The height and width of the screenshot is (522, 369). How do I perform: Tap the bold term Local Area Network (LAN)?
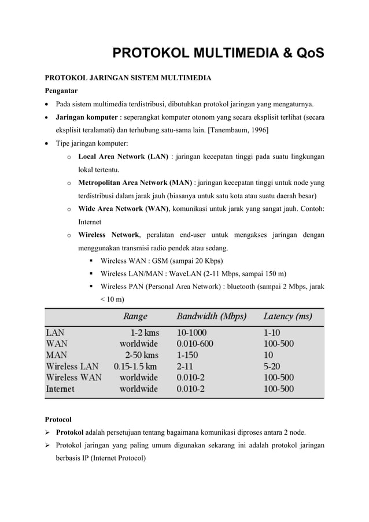[123, 157]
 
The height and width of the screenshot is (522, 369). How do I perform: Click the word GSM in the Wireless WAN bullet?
[154, 261]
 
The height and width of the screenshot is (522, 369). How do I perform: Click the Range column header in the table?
[135, 316]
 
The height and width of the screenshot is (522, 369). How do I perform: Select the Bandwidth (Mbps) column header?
[211, 316]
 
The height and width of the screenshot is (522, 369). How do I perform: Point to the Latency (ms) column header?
[287, 316]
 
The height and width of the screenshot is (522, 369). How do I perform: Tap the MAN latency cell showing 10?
[269, 355]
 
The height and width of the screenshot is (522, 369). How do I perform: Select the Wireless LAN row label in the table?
[72, 366]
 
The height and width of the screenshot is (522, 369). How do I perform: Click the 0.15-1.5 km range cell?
[135, 366]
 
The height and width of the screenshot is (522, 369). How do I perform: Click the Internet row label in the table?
[60, 389]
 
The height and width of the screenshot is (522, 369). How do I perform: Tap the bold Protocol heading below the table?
[59, 419]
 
